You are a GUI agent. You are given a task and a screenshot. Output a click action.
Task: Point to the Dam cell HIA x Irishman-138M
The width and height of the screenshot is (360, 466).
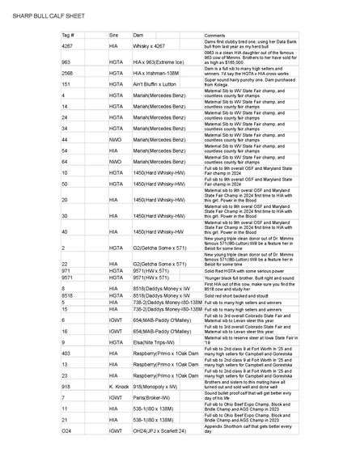tap(155, 73)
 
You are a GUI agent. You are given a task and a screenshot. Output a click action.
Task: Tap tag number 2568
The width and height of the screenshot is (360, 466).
tap(68, 73)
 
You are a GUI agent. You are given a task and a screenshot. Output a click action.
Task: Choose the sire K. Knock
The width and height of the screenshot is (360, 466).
tap(119, 387)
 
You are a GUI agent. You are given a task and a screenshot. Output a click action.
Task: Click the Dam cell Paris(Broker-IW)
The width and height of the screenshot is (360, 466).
tap(150, 398)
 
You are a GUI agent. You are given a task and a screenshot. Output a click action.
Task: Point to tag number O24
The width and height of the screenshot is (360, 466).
tap(67, 432)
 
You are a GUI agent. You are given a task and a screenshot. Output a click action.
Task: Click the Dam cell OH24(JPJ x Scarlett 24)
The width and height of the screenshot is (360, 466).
tap(162, 432)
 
